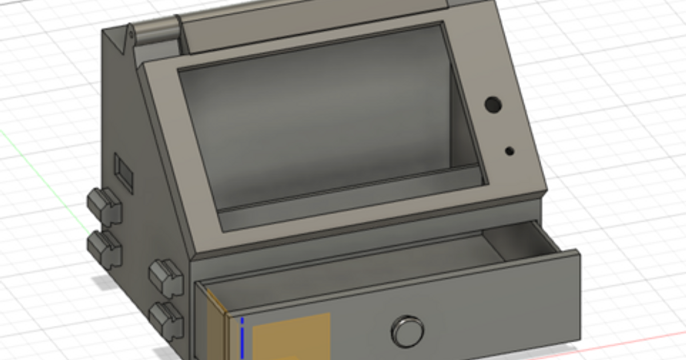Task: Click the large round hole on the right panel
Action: pyautogui.click(x=492, y=104)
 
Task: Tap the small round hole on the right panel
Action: pyautogui.click(x=509, y=151)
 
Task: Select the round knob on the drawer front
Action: pyautogui.click(x=408, y=331)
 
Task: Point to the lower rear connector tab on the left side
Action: pyautogui.click(x=105, y=249)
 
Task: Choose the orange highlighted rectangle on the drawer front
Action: pyautogui.click(x=292, y=337)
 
